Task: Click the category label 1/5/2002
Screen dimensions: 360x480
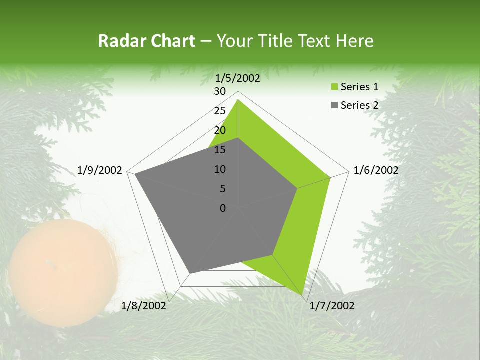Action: [238, 78]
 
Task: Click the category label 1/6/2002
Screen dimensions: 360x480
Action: [376, 170]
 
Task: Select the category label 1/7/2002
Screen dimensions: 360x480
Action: [332, 306]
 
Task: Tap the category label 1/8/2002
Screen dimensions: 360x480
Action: [144, 306]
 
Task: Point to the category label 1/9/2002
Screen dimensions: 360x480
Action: [100, 170]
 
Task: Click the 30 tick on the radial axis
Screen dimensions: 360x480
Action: [220, 91]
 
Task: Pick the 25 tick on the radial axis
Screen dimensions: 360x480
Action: [220, 111]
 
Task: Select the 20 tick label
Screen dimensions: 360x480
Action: [220, 130]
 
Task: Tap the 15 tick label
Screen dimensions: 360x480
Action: [220, 150]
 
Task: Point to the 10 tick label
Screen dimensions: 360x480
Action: [220, 169]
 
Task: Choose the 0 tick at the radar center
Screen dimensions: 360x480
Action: [223, 208]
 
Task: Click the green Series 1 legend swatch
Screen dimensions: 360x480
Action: [333, 87]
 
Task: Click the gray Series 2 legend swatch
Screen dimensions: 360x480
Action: [333, 105]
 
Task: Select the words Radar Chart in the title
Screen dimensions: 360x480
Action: [146, 41]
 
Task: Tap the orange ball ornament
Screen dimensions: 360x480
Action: [63, 273]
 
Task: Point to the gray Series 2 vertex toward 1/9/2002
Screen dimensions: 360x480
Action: [135, 174]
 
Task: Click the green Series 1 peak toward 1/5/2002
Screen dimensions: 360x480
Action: [238, 99]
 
